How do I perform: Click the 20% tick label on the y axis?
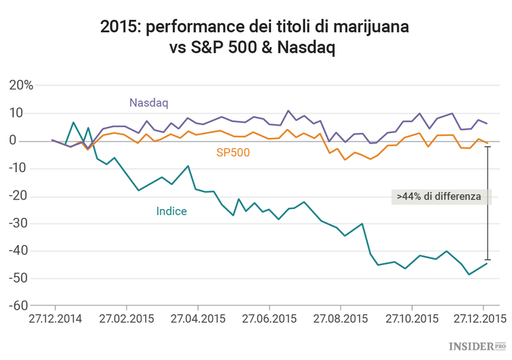[20, 85]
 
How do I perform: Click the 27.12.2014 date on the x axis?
[54, 318]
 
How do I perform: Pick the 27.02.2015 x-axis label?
[126, 318]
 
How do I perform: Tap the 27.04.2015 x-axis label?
[197, 318]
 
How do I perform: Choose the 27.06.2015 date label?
[269, 318]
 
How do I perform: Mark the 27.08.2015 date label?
[340, 318]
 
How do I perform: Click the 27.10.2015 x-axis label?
[412, 318]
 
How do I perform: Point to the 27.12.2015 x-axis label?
[483, 318]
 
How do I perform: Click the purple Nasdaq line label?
[148, 102]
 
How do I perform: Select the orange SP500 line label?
[233, 153]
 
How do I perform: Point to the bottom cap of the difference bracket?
[487, 260]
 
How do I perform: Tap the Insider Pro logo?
[476, 347]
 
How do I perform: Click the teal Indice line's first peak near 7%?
[74, 122]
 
